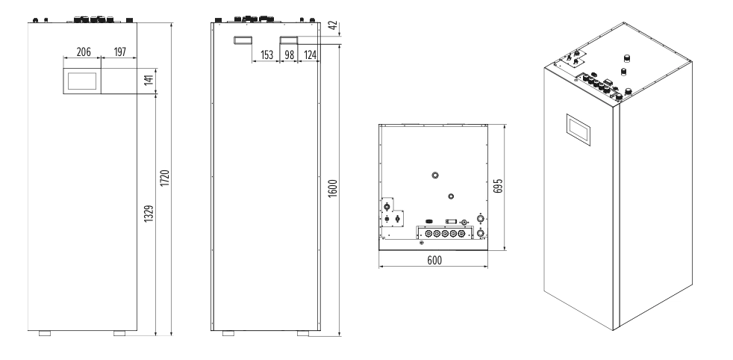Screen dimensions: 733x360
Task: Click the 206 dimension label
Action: [83, 52]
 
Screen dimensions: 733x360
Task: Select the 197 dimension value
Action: [119, 52]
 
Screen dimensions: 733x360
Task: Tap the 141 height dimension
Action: [149, 80]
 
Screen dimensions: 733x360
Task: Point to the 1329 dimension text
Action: [149, 213]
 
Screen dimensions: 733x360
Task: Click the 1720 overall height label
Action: [164, 178]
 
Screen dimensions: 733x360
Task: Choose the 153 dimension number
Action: [266, 55]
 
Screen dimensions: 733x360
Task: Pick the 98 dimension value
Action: [290, 55]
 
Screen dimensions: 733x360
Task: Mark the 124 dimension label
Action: [310, 55]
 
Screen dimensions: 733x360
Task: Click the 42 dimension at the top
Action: [333, 25]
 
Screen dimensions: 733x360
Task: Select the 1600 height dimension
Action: [332, 188]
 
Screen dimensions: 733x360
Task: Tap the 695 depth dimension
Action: [498, 186]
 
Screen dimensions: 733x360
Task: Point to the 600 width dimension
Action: [434, 260]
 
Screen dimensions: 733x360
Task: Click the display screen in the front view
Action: [82, 81]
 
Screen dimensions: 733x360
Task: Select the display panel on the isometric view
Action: [578, 129]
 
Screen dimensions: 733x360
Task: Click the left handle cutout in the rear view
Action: [243, 40]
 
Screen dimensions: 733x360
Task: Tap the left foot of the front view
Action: [45, 333]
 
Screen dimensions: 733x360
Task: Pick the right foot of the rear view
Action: [303, 333]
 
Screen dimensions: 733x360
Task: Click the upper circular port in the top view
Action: [434, 176]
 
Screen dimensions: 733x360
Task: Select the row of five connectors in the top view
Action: [445, 233]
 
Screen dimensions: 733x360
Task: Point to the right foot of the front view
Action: [119, 333]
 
